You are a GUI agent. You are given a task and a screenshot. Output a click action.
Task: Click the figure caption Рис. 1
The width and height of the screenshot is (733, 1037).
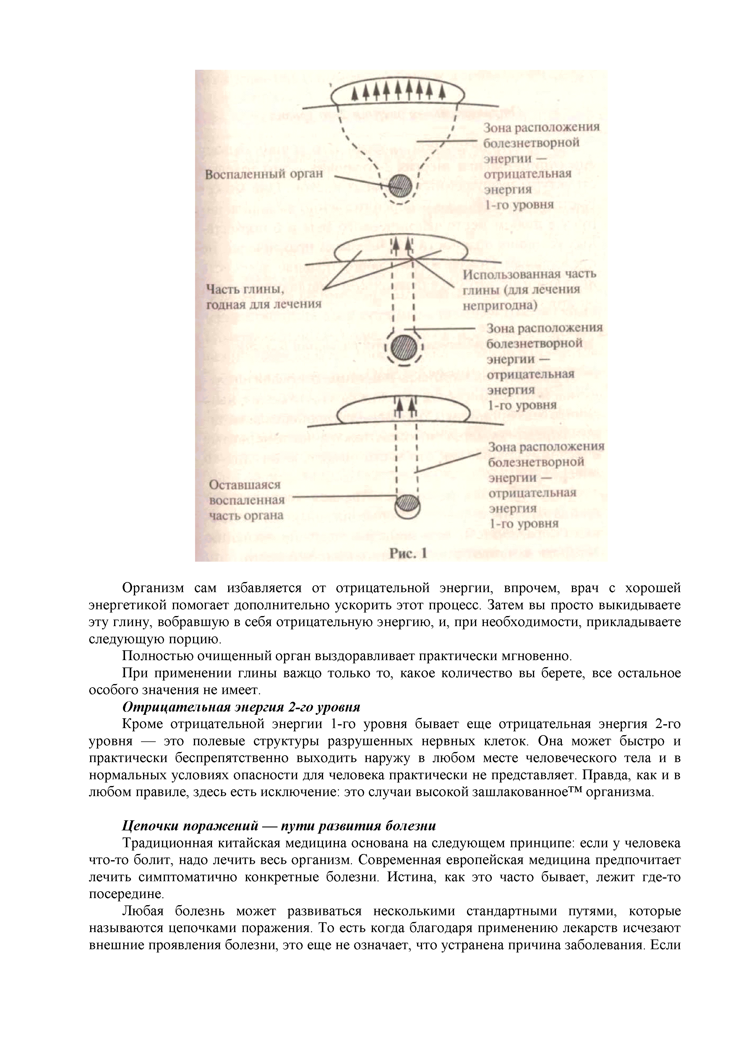coord(408,554)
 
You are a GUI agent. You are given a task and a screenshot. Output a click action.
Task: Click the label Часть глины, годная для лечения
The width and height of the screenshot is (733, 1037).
coord(263,296)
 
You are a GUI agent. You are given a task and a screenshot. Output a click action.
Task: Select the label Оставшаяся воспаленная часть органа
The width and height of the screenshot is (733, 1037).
coord(246,500)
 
